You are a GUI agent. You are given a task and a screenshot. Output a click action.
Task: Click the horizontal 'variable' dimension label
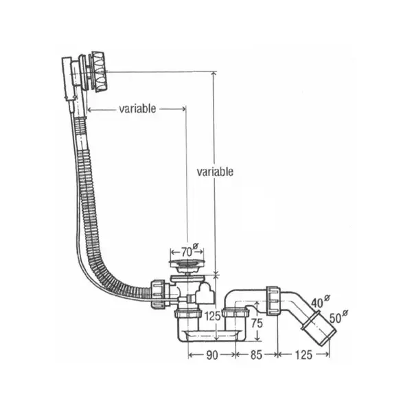[x=137, y=108]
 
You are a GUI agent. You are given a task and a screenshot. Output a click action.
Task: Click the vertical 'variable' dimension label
[x=215, y=172]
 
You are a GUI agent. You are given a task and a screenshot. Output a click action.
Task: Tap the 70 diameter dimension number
[x=186, y=252]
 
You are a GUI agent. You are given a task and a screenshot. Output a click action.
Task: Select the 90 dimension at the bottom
[x=211, y=355]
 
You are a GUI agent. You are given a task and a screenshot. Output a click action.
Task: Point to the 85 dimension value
[x=256, y=355]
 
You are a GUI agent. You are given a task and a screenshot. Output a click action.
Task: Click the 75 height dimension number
[x=257, y=323]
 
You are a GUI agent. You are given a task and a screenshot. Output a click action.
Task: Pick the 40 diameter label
[x=317, y=303]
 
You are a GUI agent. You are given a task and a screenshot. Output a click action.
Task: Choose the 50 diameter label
[x=335, y=319]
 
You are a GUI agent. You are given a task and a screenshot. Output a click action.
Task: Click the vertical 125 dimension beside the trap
[x=212, y=316]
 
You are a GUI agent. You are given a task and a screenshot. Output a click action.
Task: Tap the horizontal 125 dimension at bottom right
[x=304, y=355]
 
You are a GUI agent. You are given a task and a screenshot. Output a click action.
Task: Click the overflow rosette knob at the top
[x=98, y=71]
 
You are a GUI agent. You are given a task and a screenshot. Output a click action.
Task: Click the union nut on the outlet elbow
[x=273, y=301]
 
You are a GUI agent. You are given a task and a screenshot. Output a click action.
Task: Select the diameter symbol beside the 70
[x=195, y=247]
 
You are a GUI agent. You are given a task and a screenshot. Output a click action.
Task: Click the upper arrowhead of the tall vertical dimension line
[x=214, y=73]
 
